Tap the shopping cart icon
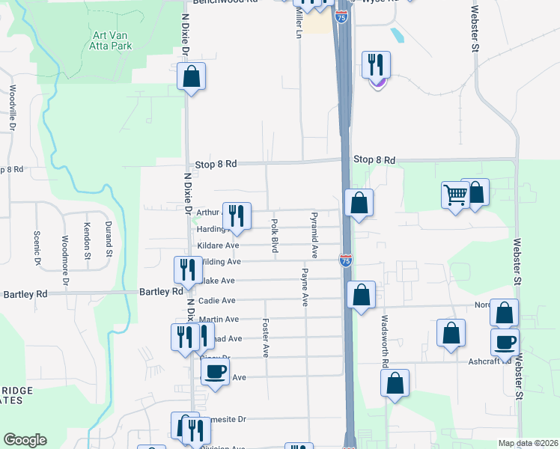(x=455, y=195)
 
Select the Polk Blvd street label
(x=275, y=235)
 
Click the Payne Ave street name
(x=305, y=287)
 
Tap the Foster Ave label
(x=265, y=337)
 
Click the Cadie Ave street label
(x=216, y=300)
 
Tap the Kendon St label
(x=87, y=235)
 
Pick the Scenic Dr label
(x=36, y=248)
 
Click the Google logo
(x=25, y=440)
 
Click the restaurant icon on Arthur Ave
(x=237, y=216)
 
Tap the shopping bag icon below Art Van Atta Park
(x=191, y=76)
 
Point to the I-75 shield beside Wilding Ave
(x=345, y=260)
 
